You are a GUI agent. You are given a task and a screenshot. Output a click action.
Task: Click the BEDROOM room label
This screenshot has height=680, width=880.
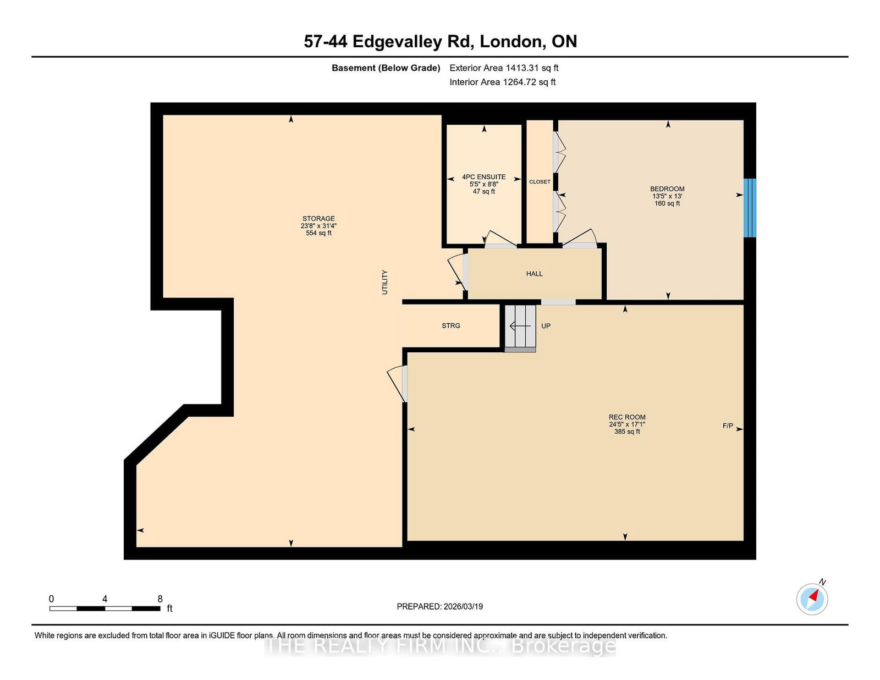click(x=667, y=189)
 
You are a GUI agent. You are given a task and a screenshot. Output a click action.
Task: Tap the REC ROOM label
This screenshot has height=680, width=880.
click(x=627, y=417)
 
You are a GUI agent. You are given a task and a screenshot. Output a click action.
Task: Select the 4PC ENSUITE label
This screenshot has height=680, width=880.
click(x=484, y=177)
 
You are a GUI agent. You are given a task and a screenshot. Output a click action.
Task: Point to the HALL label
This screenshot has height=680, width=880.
click(x=534, y=274)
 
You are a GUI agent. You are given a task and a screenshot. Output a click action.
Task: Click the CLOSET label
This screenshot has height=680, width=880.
click(x=540, y=182)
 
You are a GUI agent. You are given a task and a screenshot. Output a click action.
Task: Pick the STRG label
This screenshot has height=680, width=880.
click(x=451, y=325)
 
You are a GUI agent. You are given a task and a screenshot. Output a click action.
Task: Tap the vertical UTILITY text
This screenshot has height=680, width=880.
click(x=384, y=282)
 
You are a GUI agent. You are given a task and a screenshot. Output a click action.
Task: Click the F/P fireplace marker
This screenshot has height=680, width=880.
click(x=728, y=425)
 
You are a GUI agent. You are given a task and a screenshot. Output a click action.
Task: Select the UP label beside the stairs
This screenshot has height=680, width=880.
click(x=546, y=326)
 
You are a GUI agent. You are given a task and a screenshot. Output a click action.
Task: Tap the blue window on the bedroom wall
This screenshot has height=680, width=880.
click(x=750, y=208)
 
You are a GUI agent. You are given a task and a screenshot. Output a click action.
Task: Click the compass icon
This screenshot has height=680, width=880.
click(x=812, y=599)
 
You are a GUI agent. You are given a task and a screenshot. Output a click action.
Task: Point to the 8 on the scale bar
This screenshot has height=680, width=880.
click(x=160, y=599)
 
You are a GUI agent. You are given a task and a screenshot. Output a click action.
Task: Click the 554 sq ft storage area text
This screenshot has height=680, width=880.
click(x=318, y=233)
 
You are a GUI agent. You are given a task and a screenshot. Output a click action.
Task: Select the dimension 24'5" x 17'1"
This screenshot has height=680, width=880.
click(x=627, y=424)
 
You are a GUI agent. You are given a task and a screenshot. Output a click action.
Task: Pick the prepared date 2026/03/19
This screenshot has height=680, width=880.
click(x=463, y=606)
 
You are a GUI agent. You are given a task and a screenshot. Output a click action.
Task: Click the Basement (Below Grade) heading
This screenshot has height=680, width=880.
click(x=386, y=68)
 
